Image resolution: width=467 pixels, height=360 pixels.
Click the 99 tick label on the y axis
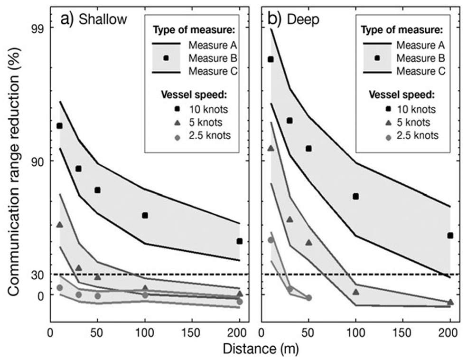tap(37, 28)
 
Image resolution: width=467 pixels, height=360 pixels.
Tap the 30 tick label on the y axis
tap(37, 275)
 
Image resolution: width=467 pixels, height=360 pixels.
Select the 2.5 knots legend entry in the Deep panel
tap(416, 135)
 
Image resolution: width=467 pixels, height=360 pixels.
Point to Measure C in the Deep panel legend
tap(420, 71)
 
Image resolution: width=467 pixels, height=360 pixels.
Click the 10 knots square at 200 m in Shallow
tap(240, 241)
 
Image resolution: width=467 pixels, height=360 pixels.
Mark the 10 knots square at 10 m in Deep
tap(271, 59)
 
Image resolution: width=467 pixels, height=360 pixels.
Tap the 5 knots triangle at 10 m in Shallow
tap(59, 224)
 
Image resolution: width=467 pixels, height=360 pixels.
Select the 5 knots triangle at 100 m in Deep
tap(356, 292)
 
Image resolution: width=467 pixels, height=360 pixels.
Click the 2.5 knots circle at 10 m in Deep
tap(271, 240)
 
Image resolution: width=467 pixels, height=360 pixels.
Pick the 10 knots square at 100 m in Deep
tap(356, 196)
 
